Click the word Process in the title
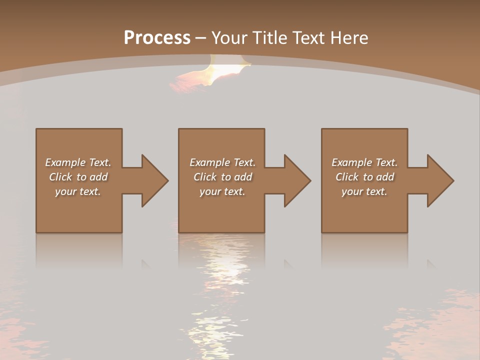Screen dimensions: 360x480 (157, 38)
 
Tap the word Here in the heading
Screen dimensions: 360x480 (349, 38)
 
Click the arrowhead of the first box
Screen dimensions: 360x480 (154, 180)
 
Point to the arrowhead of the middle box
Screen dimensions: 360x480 (296, 180)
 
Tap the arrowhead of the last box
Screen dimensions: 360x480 (439, 180)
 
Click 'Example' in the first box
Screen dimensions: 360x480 (65, 162)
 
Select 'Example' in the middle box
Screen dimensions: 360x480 (209, 162)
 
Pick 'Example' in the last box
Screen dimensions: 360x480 (351, 162)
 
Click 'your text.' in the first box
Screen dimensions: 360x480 (78, 191)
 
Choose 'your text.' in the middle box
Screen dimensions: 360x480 (222, 191)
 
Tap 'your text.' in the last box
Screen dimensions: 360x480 (364, 191)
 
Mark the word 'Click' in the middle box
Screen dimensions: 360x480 (205, 177)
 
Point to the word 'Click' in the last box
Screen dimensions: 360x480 (347, 177)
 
